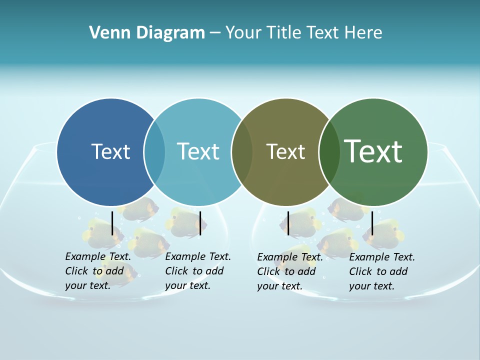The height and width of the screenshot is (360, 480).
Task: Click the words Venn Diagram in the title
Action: click(x=147, y=33)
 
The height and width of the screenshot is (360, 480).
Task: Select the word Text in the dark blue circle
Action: click(x=110, y=151)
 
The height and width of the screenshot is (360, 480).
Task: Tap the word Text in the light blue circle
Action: click(x=198, y=151)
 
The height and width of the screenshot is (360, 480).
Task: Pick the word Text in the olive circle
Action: click(x=285, y=151)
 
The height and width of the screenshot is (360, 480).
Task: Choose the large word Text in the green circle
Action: click(x=373, y=151)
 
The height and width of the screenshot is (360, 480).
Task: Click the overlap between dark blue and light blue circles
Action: click(x=154, y=151)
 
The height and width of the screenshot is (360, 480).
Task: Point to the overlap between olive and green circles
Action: click(x=329, y=151)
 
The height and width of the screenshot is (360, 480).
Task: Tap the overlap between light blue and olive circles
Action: click(x=241, y=151)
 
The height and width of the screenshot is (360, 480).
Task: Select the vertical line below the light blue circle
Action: click(x=200, y=223)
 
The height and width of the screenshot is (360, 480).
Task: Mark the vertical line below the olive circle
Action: click(x=288, y=223)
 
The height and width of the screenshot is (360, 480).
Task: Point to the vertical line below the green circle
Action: click(x=372, y=223)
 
